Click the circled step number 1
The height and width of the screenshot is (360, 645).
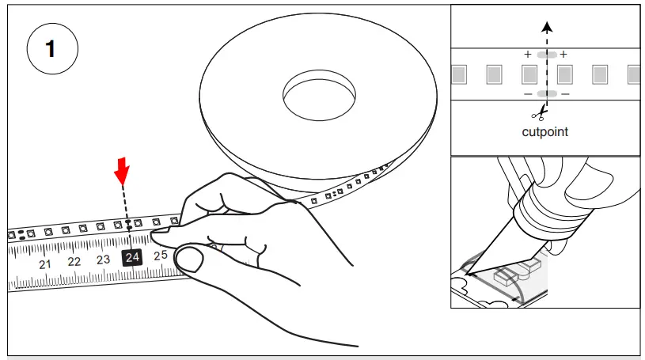click(52, 49)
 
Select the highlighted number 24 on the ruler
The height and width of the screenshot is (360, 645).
click(131, 257)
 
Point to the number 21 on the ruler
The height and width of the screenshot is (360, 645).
click(45, 263)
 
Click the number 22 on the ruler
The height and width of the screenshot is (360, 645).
click(74, 261)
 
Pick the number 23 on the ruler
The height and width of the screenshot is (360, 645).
click(103, 260)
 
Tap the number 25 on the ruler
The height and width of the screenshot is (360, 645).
click(161, 255)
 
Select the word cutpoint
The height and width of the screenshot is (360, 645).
click(544, 131)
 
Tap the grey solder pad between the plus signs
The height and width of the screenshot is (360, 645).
click(546, 55)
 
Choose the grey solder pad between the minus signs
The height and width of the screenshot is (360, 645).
click(546, 94)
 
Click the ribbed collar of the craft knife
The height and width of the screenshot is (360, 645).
click(538, 213)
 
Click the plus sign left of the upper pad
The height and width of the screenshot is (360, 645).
click(528, 55)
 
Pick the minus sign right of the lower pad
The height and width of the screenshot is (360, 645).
click(564, 94)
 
